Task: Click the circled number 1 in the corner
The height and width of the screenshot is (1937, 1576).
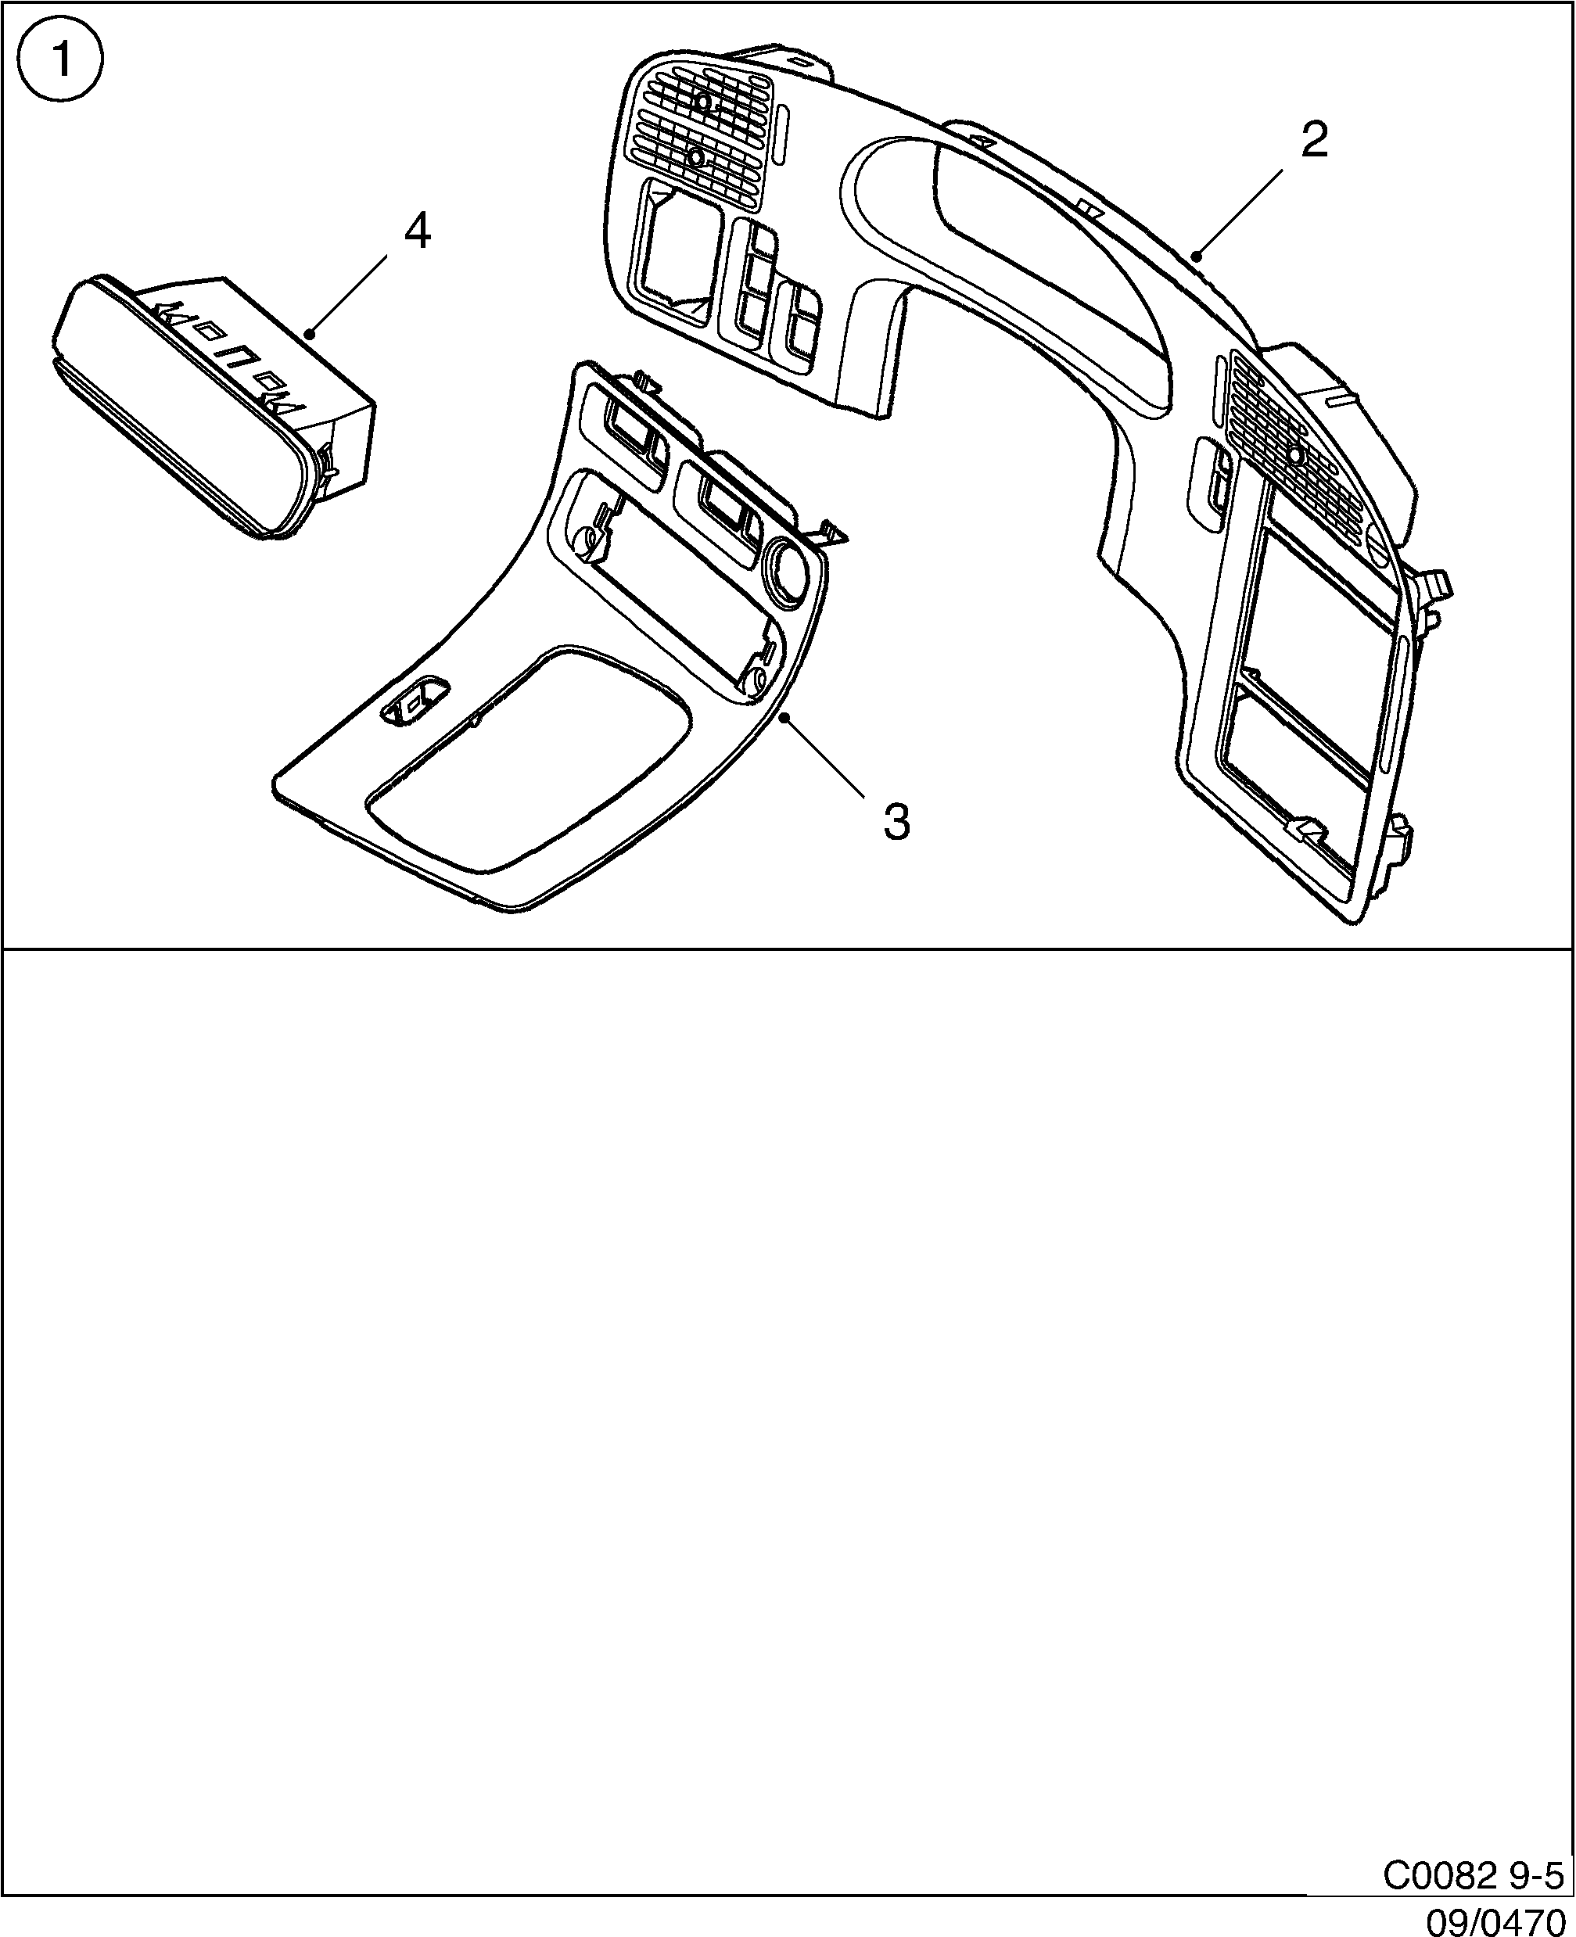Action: [62, 61]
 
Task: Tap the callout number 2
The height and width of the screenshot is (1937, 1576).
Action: [1314, 140]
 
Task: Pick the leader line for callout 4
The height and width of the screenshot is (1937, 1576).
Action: [349, 294]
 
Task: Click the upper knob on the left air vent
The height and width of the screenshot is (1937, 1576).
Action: [702, 102]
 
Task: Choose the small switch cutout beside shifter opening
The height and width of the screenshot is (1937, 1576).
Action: [415, 701]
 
